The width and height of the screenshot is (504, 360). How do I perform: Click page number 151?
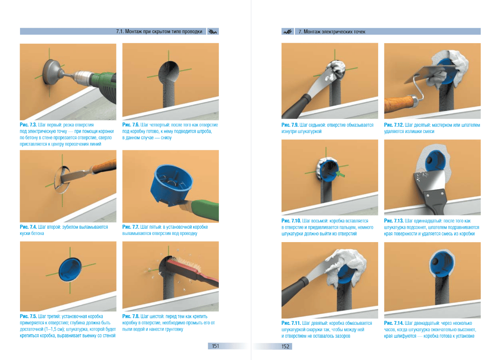(215, 346)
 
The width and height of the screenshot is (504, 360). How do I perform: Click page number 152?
(286, 347)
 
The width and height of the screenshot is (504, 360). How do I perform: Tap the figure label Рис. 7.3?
(28, 125)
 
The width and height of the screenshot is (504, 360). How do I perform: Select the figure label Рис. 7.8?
(131, 316)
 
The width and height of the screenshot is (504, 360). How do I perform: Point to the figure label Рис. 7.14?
(394, 323)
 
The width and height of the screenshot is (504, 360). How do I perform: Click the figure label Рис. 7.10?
(291, 221)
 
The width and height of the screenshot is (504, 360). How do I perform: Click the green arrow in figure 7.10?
(340, 174)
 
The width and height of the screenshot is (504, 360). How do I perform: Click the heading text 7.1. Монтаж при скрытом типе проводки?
(159, 32)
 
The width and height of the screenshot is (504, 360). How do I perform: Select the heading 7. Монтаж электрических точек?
(332, 32)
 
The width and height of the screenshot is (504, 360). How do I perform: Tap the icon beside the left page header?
(213, 32)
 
